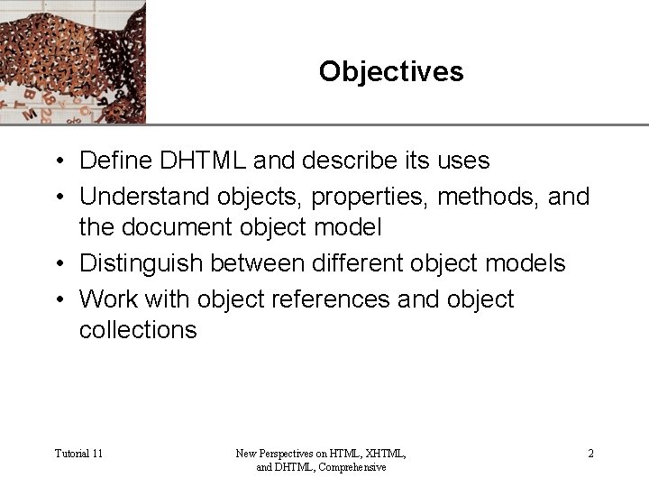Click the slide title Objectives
point(390,71)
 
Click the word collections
point(137,330)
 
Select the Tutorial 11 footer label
point(78,454)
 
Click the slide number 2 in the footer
point(590,454)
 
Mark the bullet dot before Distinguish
point(56,263)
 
